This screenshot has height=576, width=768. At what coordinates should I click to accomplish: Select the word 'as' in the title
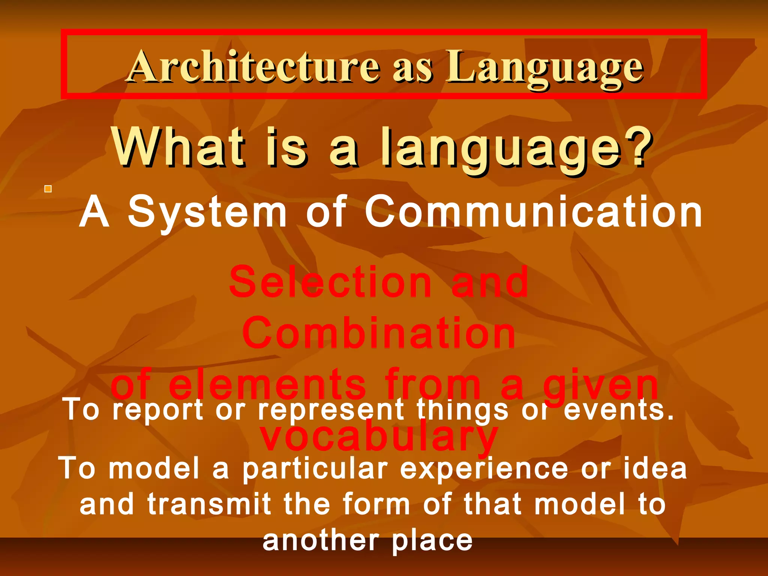pos(412,69)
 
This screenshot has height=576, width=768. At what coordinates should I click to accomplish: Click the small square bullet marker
pos(48,189)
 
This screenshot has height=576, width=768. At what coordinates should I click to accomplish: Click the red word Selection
pos(330,282)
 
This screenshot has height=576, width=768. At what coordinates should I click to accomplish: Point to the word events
pos(619,409)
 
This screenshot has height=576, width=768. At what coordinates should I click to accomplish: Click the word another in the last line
pos(321,541)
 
